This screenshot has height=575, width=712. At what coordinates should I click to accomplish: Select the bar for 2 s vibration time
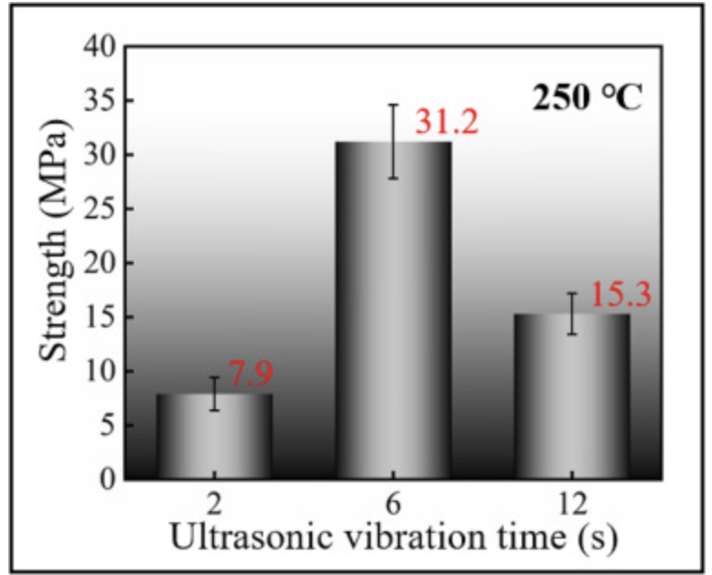(x=215, y=437)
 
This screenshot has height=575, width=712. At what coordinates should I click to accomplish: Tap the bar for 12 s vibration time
(x=572, y=397)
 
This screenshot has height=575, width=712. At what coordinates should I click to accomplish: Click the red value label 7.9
(x=249, y=374)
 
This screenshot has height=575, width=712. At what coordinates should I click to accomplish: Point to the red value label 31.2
(x=446, y=121)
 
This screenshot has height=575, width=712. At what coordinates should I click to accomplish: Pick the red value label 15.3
(x=621, y=295)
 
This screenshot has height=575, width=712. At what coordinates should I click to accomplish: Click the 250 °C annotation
(x=588, y=97)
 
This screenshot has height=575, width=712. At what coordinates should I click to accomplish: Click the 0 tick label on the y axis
(x=107, y=479)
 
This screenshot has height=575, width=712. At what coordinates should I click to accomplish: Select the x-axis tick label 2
(x=215, y=502)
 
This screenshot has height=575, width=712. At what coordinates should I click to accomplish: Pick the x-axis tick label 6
(x=393, y=502)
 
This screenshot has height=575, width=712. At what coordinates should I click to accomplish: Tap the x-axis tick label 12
(x=572, y=502)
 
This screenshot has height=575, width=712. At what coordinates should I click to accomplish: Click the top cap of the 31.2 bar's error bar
(x=393, y=105)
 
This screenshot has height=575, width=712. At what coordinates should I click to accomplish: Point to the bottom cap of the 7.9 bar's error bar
(x=215, y=410)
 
